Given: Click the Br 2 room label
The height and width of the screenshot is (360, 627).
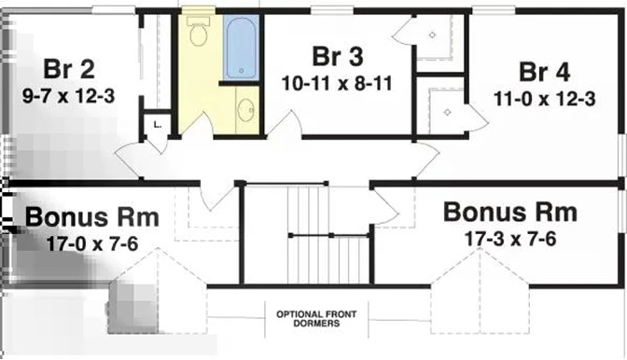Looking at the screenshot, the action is click(x=69, y=69).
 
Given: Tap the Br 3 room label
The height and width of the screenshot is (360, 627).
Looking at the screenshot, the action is click(x=338, y=56).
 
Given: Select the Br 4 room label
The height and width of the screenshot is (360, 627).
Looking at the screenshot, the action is click(x=544, y=73).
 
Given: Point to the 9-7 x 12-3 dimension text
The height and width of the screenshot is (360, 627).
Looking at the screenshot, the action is click(x=68, y=96).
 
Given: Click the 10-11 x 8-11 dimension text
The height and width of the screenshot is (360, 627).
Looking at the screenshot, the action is click(x=337, y=84).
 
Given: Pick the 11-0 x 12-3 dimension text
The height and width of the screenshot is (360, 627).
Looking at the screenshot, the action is click(x=545, y=99).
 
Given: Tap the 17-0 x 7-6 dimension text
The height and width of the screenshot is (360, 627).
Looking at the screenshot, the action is click(x=92, y=243).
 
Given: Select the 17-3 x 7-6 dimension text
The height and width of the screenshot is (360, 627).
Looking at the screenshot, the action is click(x=510, y=239).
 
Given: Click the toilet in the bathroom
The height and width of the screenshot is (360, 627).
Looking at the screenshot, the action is click(x=198, y=31).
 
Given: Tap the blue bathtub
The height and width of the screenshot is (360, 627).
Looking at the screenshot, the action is click(x=241, y=48).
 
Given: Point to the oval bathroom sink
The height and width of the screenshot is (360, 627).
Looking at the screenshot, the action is click(x=245, y=110).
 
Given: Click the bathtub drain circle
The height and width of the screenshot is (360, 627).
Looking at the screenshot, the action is click(x=241, y=71).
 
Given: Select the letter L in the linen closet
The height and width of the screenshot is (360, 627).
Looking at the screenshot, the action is click(x=157, y=125).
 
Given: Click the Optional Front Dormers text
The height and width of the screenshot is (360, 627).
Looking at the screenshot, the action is click(x=316, y=319).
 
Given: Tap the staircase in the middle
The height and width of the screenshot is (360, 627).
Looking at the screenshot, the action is click(x=328, y=234).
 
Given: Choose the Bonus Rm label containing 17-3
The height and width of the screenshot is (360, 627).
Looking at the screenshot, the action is click(x=510, y=212).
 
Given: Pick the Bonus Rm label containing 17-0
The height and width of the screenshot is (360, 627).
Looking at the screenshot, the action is click(x=92, y=217).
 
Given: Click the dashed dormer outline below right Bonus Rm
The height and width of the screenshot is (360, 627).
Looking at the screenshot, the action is click(x=480, y=291).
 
